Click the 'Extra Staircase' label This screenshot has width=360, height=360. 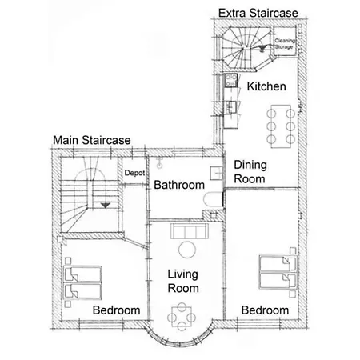click(258, 13)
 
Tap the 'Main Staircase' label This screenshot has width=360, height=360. click(92, 140)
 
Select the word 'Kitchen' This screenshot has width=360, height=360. click(266, 86)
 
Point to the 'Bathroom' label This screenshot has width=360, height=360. click(179, 185)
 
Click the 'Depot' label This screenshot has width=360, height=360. click(134, 173)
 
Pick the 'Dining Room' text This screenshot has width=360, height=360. click(250, 172)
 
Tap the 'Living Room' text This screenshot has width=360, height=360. click(183, 282)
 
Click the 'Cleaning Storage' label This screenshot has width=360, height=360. click(285, 44)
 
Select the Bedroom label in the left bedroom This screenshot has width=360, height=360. click(116, 310)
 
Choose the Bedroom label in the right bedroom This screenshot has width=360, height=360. click(265, 310)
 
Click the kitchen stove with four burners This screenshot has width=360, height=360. click(230, 80)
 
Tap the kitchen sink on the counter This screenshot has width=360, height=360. click(231, 107)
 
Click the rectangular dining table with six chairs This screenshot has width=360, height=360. click(281, 126)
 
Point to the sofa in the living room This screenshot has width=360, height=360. click(190, 231)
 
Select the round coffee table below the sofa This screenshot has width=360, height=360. click(187, 250)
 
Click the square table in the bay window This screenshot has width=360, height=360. click(182, 317)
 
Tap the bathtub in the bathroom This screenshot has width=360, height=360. click(213, 200)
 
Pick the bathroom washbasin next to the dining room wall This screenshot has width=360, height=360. click(216, 173)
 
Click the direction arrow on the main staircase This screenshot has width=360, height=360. click(106, 206)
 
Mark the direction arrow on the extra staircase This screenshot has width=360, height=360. click(262, 48)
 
